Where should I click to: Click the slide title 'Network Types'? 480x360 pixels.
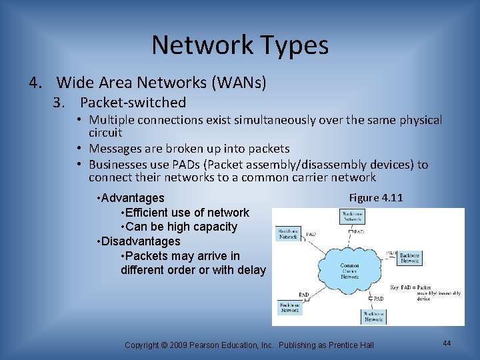pos(240,45)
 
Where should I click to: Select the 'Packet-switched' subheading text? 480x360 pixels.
pos(133,103)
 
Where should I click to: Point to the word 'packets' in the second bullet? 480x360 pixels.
pos(267,149)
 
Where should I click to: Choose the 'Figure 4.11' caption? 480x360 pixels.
pos(375,198)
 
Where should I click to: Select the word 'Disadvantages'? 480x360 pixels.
pos(141,241)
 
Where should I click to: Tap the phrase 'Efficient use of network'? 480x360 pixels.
pos(185,213)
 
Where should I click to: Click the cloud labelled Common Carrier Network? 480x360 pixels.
pos(349,269)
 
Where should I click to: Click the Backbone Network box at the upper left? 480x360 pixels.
pos(288,233)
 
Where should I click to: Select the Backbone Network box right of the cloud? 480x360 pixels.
pos(409,257)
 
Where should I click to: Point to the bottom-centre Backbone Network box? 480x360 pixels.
pos(373,316)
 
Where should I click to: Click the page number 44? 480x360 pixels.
pos(447,343)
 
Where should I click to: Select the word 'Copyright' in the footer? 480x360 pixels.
pos(141,345)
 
